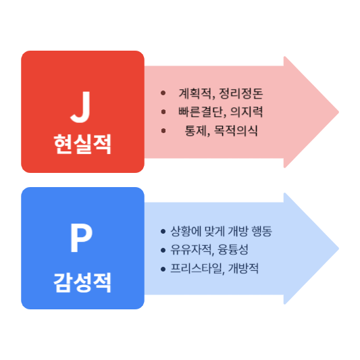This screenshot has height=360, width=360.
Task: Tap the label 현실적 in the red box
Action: tap(82, 145)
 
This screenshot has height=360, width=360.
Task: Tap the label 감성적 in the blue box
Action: tap(82, 281)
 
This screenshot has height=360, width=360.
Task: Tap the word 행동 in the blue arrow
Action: tap(260, 232)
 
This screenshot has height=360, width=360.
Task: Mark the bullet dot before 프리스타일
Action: tap(163, 269)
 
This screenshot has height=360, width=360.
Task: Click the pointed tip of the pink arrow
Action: tap(338, 111)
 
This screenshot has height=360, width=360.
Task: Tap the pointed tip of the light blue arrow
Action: tap(338, 248)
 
